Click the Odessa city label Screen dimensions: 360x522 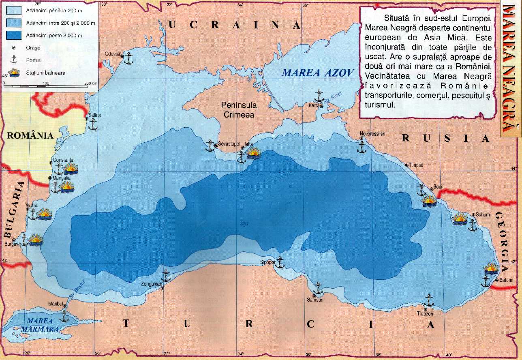[112, 54]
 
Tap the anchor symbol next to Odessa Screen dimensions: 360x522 [128, 59]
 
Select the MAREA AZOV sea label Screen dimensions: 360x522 [318, 73]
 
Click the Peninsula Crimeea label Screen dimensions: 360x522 [239, 109]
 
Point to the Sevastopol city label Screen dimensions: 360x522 [229, 144]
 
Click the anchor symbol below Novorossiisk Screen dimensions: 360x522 [361, 147]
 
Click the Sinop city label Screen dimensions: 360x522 [265, 262]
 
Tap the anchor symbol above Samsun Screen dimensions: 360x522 [318, 289]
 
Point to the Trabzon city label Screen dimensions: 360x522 [425, 313]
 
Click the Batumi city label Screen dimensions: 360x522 [506, 280]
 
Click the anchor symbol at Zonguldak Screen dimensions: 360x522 [166, 276]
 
